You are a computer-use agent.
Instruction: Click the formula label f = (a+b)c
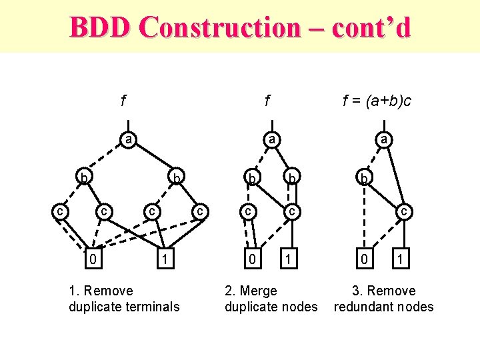pos(377,101)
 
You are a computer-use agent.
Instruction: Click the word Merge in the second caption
pos(261,291)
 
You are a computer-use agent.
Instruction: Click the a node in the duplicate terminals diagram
pos(127,139)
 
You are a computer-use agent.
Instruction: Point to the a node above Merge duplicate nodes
pos(270,139)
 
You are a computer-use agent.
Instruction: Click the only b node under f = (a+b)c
pos(364,179)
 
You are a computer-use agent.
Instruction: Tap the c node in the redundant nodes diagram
pos(404,211)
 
